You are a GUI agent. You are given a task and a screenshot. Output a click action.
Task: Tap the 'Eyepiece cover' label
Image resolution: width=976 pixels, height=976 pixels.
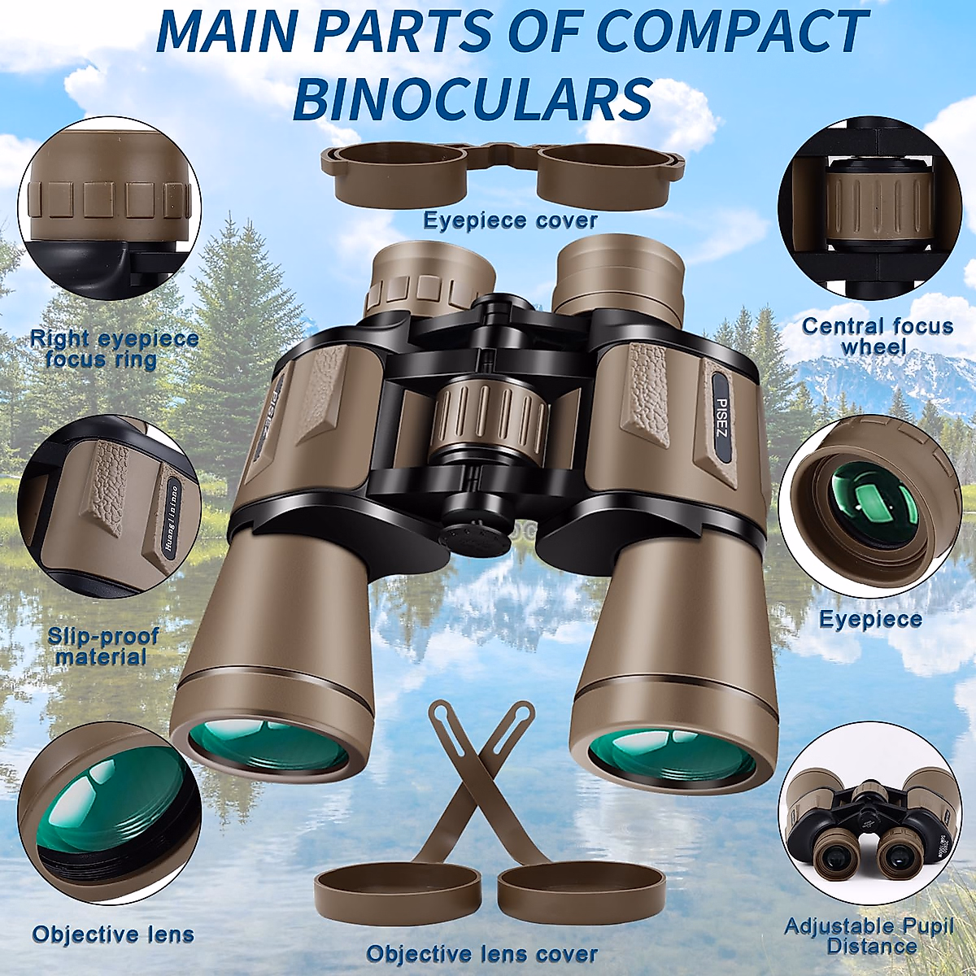click(x=510, y=220)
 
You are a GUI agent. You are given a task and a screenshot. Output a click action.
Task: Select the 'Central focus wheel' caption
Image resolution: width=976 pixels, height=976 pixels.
click(x=877, y=337)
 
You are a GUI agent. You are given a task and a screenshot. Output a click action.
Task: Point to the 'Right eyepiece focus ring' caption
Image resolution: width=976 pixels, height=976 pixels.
click(x=114, y=349)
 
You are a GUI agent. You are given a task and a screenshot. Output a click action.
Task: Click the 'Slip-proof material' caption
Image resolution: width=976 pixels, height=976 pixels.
click(x=102, y=647)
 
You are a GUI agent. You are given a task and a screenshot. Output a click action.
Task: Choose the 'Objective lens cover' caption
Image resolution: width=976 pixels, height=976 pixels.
click(x=481, y=953)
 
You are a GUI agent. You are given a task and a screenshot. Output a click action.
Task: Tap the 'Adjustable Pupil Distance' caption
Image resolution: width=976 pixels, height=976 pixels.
click(x=869, y=936)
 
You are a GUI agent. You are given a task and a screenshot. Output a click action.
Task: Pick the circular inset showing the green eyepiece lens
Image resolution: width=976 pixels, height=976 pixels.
click(x=869, y=505)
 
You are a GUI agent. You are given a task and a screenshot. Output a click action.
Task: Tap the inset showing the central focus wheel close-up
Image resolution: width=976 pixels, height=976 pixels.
click(x=869, y=208)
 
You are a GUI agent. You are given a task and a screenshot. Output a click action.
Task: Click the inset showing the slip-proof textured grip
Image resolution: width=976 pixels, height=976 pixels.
click(x=109, y=505)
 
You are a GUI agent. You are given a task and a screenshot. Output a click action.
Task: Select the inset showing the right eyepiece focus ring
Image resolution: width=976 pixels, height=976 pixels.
click(x=109, y=208)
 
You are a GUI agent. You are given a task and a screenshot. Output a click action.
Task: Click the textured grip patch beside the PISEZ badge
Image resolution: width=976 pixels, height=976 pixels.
click(x=647, y=390)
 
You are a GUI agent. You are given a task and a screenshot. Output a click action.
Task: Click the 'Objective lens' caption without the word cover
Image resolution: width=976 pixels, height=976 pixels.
click(x=113, y=935)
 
